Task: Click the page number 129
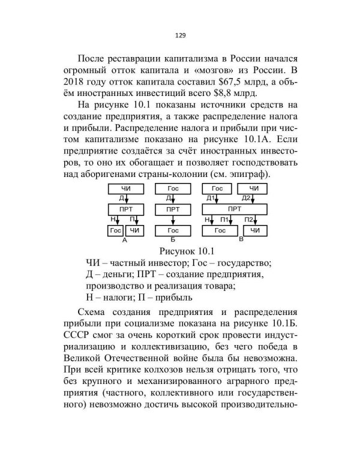pyautogui.click(x=180, y=35)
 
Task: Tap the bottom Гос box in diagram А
pyautogui.click(x=116, y=230)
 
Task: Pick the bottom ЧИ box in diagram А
pyautogui.click(x=134, y=230)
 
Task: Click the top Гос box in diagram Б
pyautogui.click(x=173, y=189)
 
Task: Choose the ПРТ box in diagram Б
pyautogui.click(x=173, y=209)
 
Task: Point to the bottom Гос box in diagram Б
pyautogui.click(x=173, y=230)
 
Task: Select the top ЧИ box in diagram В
pyautogui.click(x=254, y=189)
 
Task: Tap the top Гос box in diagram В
pyautogui.click(x=217, y=189)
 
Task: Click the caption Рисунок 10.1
pyautogui.click(x=180, y=250)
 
